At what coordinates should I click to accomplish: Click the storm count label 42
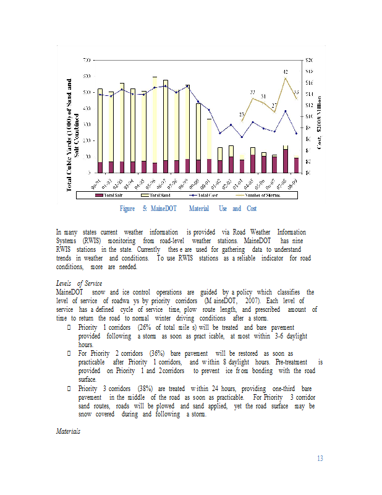285,72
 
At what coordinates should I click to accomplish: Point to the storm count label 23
242,115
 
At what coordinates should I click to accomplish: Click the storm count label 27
274,105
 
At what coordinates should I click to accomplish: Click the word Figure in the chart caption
127,209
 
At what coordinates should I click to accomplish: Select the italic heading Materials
68,431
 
